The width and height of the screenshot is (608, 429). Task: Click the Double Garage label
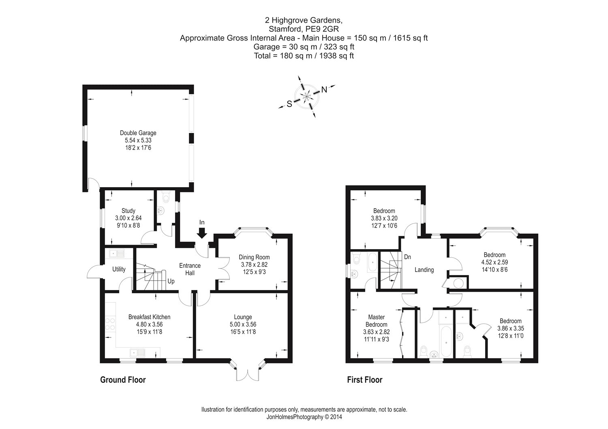[138, 133]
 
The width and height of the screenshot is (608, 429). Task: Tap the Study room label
[128, 211]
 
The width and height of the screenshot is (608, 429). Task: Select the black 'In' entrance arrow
[202, 232]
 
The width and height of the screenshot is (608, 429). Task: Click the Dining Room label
[254, 257]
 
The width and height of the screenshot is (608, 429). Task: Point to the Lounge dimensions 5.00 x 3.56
[243, 324]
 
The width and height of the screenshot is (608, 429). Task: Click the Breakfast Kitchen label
[149, 317]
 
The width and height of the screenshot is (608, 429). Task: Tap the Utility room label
[119, 269]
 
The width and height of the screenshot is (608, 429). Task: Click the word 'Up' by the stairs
[171, 281]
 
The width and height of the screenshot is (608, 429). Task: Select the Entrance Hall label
[190, 269]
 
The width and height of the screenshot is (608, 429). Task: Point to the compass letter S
[289, 104]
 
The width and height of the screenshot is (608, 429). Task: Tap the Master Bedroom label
[376, 321]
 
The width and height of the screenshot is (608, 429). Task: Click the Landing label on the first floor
[424, 270]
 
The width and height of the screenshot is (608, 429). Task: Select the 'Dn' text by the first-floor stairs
[408, 257]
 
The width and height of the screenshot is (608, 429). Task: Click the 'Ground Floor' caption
[123, 380]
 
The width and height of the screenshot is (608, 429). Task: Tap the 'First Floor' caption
[365, 380]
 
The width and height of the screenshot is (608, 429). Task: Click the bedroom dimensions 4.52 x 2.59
[495, 262]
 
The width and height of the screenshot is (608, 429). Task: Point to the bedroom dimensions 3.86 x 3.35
[510, 329]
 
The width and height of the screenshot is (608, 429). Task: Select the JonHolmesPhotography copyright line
[304, 416]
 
